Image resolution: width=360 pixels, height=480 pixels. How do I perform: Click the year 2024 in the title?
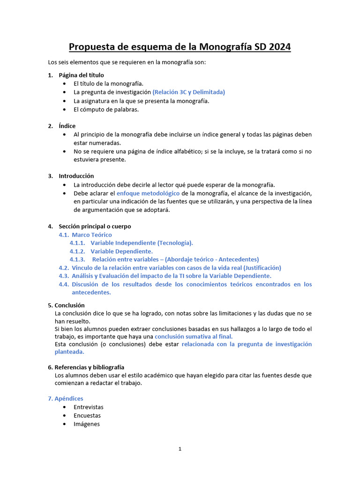(278, 47)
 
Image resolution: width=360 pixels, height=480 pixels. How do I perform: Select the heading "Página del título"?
(81, 75)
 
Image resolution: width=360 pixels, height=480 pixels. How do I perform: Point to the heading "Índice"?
(67, 126)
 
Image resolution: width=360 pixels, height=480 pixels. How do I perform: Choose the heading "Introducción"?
(76, 176)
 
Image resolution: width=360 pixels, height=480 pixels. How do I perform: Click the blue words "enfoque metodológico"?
(148, 193)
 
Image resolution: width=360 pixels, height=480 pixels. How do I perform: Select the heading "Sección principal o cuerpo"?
(95, 226)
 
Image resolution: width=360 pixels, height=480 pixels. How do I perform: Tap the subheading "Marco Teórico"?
(92, 234)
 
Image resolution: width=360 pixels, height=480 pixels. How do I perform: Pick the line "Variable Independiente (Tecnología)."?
(142, 243)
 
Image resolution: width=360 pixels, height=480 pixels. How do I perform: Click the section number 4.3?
(64, 276)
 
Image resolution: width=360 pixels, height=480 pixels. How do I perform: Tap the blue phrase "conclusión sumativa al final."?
(194, 336)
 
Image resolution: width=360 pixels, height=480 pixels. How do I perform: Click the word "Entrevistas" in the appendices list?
(89, 407)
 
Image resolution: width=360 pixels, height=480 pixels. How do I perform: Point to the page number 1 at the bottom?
(180, 449)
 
